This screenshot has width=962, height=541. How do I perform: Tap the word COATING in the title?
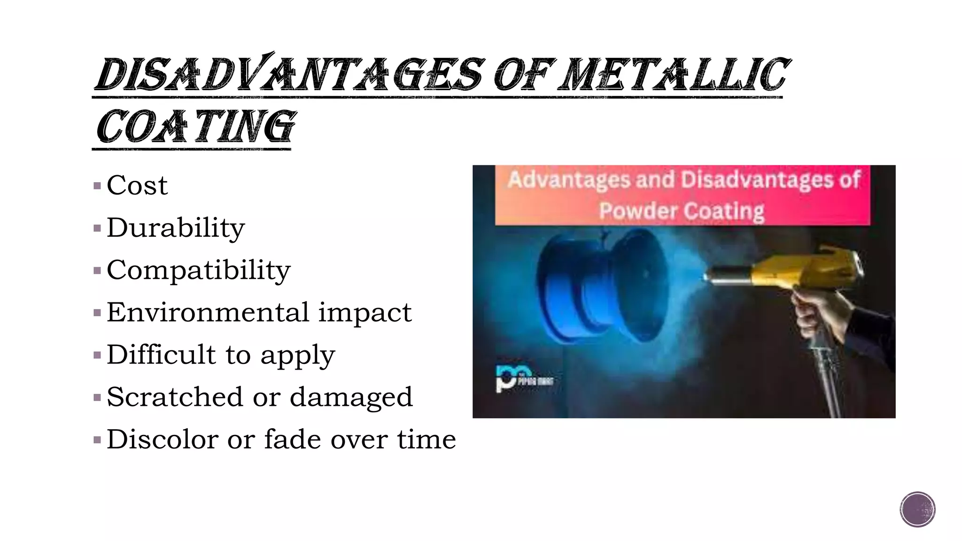[194, 127]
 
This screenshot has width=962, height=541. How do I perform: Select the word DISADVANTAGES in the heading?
[289, 75]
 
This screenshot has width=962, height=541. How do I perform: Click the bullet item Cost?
[137, 185]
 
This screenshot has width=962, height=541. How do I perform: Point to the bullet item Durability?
[176, 228]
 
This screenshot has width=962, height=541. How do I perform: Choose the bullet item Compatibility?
[198, 270]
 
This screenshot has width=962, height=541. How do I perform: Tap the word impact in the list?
[365, 313]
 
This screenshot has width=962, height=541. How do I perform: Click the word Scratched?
[175, 397]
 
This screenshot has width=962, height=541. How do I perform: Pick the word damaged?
[351, 398]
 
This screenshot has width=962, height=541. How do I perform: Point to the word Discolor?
[162, 440]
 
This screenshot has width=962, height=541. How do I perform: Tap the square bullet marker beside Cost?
[97, 186]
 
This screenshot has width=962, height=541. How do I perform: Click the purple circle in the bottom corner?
[917, 510]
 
